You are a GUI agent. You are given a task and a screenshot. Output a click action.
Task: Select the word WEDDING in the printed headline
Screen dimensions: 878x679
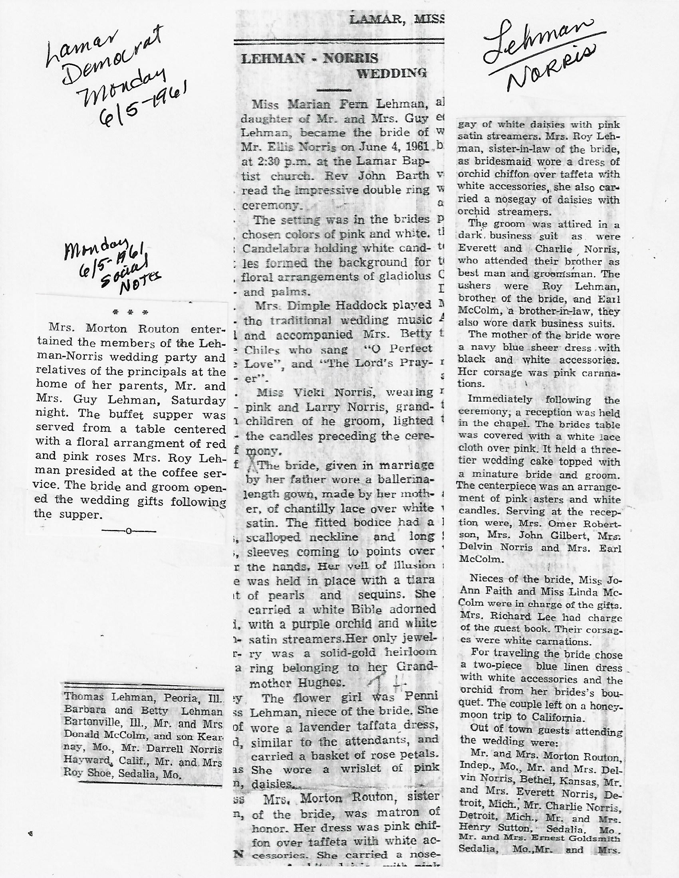[391, 73]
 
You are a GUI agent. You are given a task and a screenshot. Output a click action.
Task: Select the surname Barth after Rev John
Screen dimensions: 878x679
[413, 175]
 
